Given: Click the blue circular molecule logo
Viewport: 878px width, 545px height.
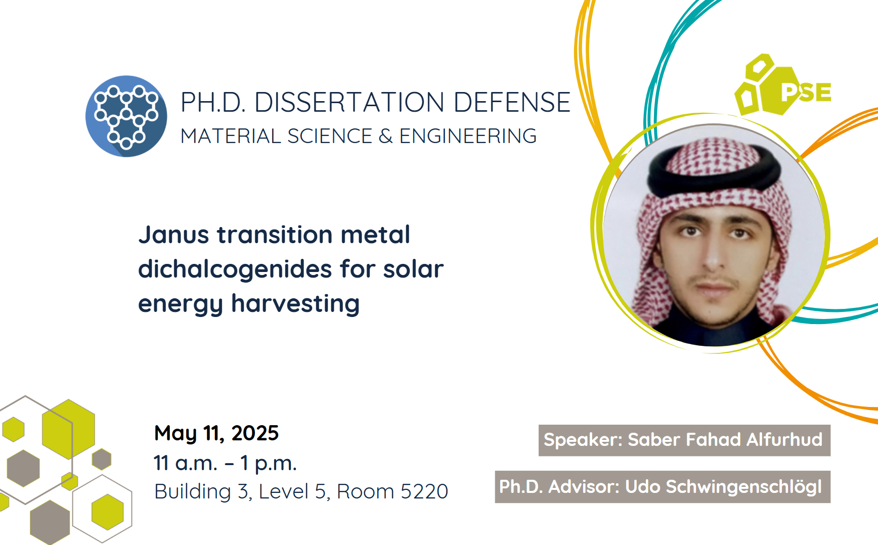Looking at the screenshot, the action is (126, 116).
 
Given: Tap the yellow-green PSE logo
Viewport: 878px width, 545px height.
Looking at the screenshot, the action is (783, 85).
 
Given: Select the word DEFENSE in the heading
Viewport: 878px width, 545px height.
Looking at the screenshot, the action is (512, 102).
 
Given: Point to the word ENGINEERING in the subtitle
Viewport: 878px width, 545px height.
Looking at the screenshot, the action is (468, 136).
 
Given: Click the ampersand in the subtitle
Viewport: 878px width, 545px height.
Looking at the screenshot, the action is (385, 136).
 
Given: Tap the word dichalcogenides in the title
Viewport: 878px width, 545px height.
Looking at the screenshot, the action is (235, 269).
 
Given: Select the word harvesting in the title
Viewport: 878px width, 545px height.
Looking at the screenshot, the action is (295, 304).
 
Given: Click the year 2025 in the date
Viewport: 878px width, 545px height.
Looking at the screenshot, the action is (255, 433).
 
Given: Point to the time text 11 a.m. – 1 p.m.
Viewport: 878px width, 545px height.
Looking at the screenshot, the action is (225, 463).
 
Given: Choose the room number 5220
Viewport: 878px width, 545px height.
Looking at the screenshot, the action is (424, 491).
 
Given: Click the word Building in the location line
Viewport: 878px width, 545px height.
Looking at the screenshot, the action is (193, 491).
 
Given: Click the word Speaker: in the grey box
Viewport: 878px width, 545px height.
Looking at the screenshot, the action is (583, 440).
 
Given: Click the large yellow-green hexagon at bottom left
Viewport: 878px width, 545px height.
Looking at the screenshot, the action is (68, 429).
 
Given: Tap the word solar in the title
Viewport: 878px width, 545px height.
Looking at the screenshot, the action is (413, 269).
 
